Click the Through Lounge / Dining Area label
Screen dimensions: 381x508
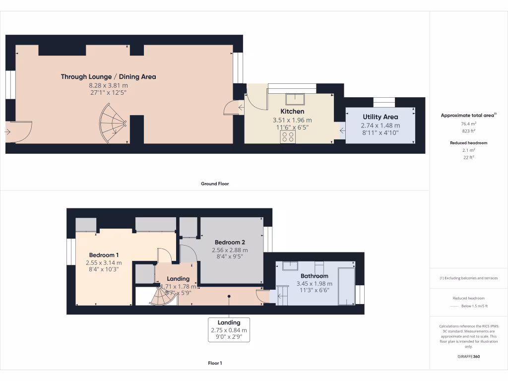click(108, 76)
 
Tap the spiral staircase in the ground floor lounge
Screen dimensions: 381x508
click(114, 124)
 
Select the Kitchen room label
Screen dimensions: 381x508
click(292, 111)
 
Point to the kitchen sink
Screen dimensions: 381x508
click(299, 97)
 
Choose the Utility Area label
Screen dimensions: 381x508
click(380, 117)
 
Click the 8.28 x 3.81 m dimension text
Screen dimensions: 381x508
click(108, 85)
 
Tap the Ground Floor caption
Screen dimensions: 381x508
click(215, 184)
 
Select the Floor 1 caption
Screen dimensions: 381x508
click(215, 363)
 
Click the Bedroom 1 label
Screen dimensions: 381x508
click(104, 255)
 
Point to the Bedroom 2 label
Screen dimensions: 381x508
click(230, 242)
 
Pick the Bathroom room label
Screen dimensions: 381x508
click(314, 276)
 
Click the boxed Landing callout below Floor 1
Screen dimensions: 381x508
click(229, 329)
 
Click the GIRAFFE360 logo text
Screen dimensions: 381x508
click(468, 356)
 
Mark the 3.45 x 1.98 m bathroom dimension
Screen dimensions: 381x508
click(314, 284)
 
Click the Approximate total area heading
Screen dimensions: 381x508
click(468, 115)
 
